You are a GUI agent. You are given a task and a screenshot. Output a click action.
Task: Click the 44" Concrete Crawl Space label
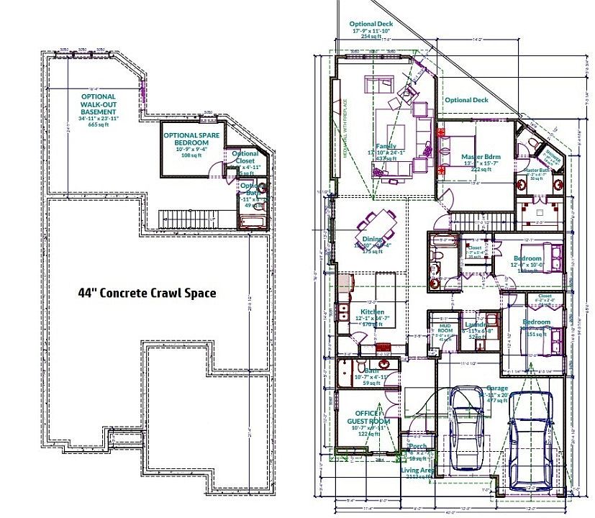(146, 293)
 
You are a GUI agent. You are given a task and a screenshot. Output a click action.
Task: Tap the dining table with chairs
(376, 230)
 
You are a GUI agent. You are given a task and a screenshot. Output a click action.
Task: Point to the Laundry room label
(477, 324)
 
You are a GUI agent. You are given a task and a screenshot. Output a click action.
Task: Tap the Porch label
(417, 447)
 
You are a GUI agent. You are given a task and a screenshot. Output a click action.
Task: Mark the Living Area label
(418, 471)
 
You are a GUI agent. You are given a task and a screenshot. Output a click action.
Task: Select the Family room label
(386, 127)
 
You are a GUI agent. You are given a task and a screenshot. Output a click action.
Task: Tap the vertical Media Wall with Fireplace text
(345, 119)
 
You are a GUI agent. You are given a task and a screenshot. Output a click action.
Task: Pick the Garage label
(496, 388)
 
